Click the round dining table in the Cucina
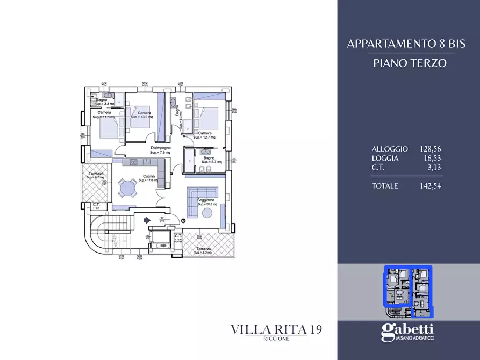tap(128, 188)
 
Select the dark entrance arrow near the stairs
tap(147, 219)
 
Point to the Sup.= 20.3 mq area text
tap(207, 204)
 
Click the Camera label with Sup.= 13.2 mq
tap(144, 113)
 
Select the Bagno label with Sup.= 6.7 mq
tap(208, 157)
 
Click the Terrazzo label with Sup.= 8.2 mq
tap(203, 250)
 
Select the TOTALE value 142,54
tap(430, 186)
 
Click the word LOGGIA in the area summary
tap(385, 159)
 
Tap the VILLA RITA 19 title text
tap(276, 329)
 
